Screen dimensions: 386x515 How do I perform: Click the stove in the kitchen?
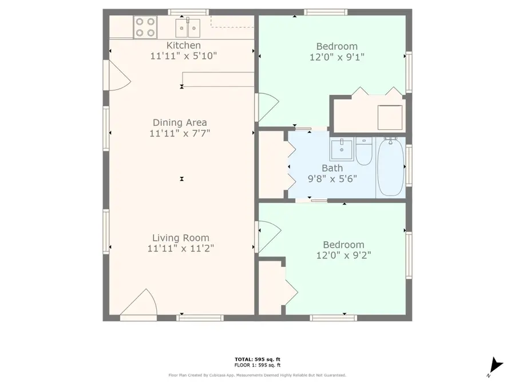pyautogui.click(x=145, y=26)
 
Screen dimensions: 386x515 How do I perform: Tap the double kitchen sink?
pyautogui.click(x=188, y=27)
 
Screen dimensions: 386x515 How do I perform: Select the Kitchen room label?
pyautogui.click(x=183, y=45)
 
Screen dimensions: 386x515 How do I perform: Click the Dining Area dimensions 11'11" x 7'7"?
pyautogui.click(x=180, y=134)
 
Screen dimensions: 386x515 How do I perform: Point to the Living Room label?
pyautogui.click(x=180, y=238)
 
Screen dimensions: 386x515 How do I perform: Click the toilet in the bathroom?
pyautogui.click(x=364, y=151)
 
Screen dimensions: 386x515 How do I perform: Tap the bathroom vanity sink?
pyautogui.click(x=342, y=150)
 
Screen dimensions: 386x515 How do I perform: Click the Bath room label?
pyautogui.click(x=332, y=168)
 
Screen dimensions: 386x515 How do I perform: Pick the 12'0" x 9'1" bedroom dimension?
pyautogui.click(x=337, y=57)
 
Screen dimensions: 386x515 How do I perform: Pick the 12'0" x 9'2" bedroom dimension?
pyautogui.click(x=343, y=256)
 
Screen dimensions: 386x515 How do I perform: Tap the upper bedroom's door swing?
pyautogui.click(x=267, y=107)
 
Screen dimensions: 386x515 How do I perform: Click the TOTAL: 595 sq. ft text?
pyautogui.click(x=257, y=359)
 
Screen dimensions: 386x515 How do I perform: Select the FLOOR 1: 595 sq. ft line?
pyautogui.click(x=257, y=365)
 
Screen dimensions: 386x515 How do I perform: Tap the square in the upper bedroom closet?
pyautogui.click(x=389, y=117)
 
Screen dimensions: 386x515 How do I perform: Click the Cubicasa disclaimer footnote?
pyautogui.click(x=257, y=375)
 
